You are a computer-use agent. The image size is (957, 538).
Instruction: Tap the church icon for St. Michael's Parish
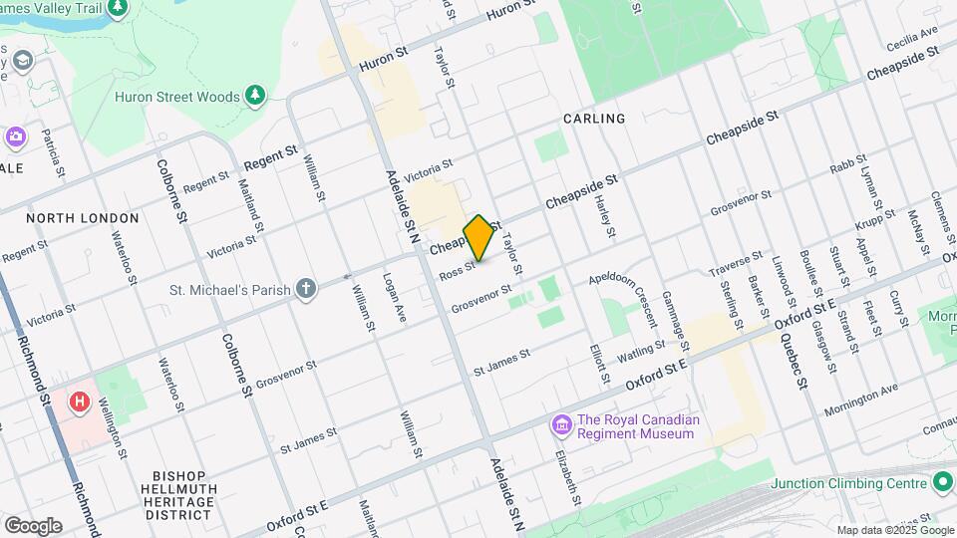[306, 290]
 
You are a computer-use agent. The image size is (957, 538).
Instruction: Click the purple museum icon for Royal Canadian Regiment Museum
[561, 426]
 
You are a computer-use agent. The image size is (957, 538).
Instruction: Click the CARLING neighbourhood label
[594, 119]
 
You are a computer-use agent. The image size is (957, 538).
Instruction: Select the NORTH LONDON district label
[69, 218]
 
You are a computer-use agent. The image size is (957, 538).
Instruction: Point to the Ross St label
[456, 269]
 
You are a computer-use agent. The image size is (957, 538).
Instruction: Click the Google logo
[33, 525]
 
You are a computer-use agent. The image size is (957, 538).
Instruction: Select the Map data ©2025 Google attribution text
[894, 530]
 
